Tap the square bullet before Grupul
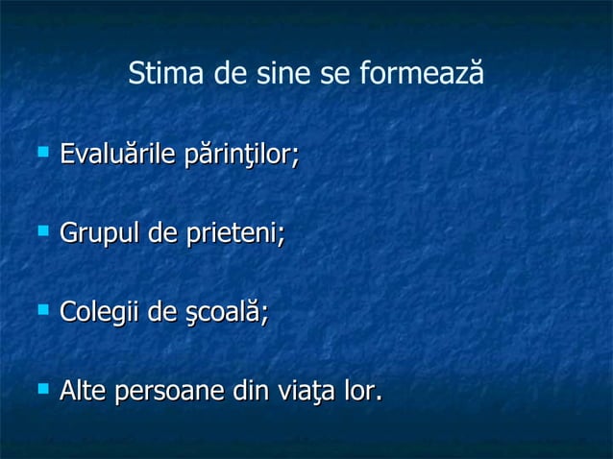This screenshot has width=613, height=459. pyautogui.click(x=42, y=230)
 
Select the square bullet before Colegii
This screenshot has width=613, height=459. pyautogui.click(x=42, y=309)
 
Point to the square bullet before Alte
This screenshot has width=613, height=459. pyautogui.click(x=42, y=389)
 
